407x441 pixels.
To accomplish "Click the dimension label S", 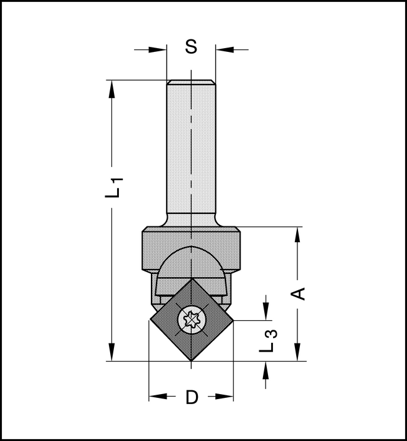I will (192, 48).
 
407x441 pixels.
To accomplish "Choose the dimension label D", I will (192, 397).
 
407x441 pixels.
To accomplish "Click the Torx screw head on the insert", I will (191, 321).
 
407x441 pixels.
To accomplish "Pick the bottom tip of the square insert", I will (191, 362).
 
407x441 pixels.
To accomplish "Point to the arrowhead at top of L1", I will (112, 88).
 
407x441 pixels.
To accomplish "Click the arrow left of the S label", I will (159, 48).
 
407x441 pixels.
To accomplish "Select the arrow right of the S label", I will (224, 48).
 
